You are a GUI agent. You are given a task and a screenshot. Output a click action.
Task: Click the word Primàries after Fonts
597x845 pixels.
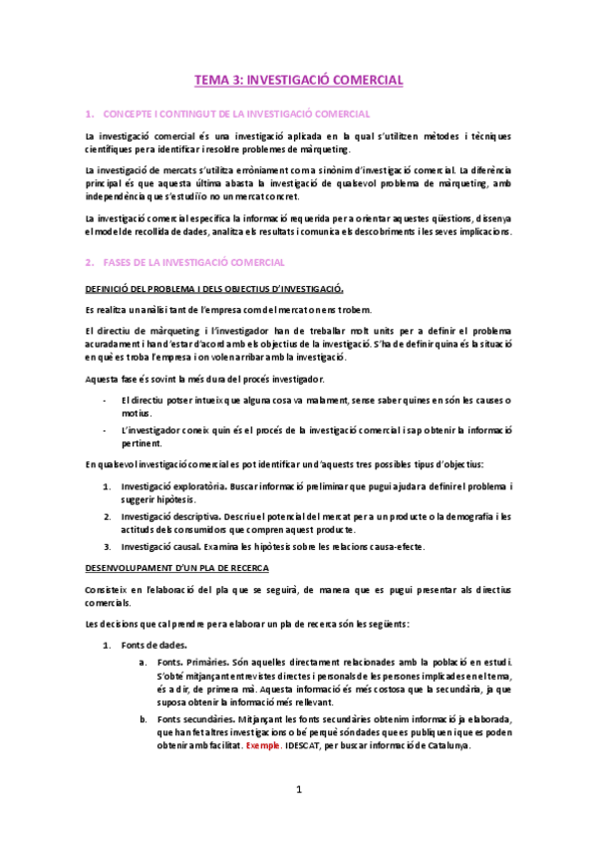(x=209, y=662)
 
